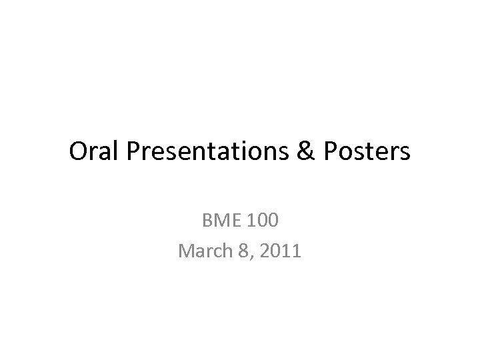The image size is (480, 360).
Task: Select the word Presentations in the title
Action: [x=207, y=153]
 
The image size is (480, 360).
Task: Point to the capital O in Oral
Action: [x=78, y=153]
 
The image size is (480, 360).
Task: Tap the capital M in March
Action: [x=186, y=251]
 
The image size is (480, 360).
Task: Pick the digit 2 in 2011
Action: [x=257, y=251]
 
